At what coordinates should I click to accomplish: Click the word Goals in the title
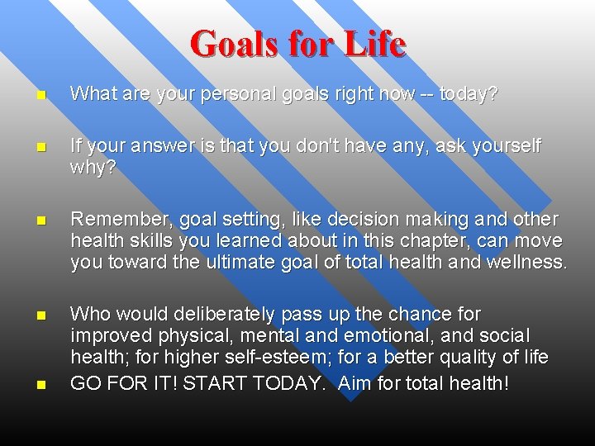[x=234, y=44]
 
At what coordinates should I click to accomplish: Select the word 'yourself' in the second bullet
[x=505, y=147]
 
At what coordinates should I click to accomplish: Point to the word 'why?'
[x=93, y=168]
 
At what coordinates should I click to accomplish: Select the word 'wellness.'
[x=525, y=263]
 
